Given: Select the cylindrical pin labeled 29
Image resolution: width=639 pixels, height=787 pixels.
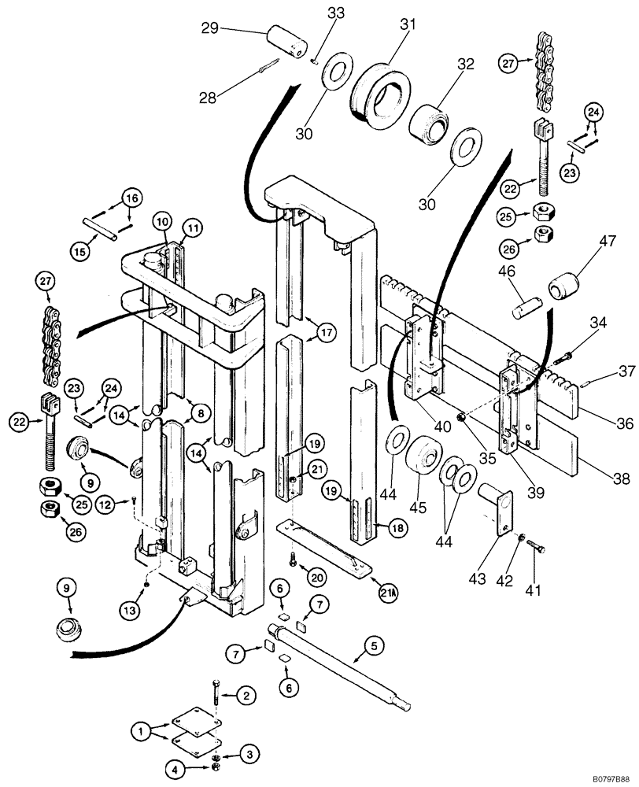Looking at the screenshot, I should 286,40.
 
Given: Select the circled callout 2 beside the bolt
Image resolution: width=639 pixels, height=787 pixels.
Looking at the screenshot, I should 246,695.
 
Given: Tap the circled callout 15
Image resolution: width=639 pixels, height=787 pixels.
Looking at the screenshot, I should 82,251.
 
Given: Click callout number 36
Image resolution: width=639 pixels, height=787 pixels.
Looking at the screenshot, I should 624,423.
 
